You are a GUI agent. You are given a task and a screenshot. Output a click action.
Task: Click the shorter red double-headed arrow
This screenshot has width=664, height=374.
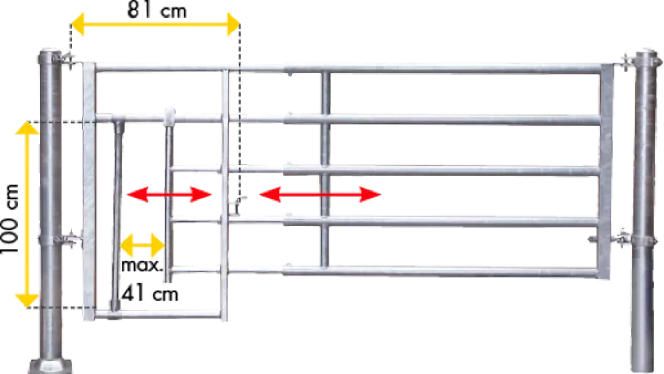click(x=169, y=194)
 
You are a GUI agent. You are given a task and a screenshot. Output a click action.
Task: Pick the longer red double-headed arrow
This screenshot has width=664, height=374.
click(x=320, y=194)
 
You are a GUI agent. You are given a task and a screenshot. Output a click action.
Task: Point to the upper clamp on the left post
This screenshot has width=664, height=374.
click(x=69, y=59)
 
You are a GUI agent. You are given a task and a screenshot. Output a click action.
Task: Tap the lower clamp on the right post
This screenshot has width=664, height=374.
click(x=622, y=239)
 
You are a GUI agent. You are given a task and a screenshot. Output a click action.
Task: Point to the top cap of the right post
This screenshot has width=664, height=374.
click(x=646, y=53)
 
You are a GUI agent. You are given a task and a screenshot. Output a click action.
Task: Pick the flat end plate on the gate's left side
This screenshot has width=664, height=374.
click(x=89, y=190)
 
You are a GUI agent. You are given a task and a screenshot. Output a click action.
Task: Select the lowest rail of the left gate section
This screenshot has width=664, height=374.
click(x=159, y=314)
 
